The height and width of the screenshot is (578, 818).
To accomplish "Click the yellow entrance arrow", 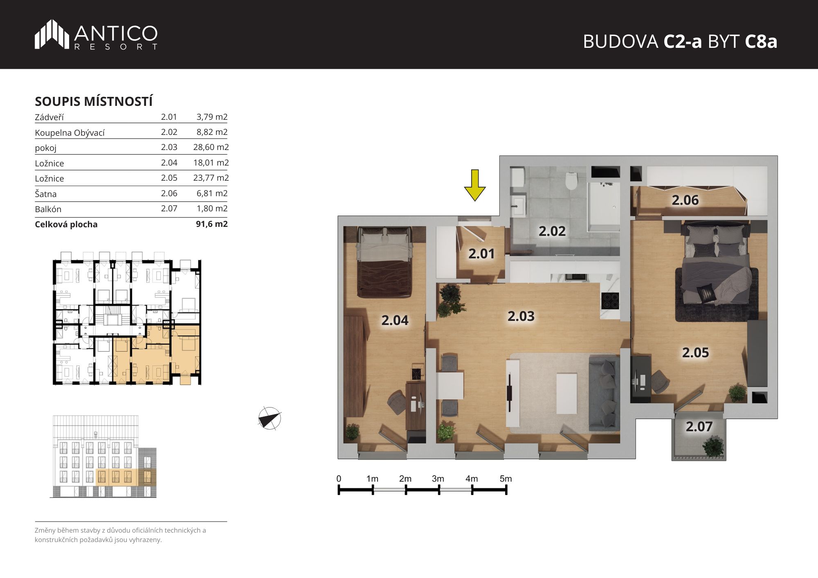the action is tap(474, 185).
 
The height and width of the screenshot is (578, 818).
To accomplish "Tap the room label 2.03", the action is tap(521, 316).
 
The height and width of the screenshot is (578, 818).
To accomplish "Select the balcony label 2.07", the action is tap(699, 427).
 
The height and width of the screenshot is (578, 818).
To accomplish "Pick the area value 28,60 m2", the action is tap(211, 147).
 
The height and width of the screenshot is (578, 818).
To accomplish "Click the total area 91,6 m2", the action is tap(212, 224).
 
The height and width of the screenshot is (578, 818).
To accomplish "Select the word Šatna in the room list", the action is tap(46, 194).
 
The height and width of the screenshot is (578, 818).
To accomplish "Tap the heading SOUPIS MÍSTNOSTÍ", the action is tap(94, 101).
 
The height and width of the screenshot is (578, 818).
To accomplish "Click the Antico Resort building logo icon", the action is tap(52, 34).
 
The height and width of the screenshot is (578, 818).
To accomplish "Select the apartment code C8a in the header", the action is tap(761, 41).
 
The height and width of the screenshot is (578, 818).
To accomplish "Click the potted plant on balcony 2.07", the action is tap(713, 447).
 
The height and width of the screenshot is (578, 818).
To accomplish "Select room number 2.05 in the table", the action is tap(169, 178).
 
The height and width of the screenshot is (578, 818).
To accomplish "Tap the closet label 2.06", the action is tap(685, 200).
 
